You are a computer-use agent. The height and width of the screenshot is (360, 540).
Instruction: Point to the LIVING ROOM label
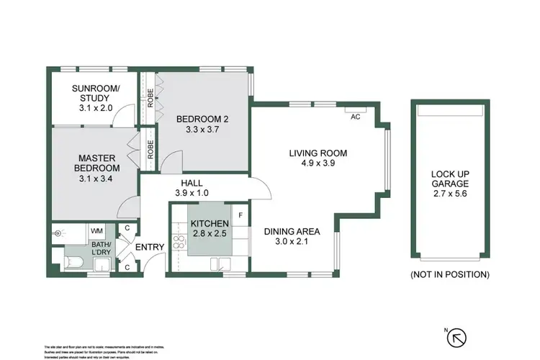[318, 153]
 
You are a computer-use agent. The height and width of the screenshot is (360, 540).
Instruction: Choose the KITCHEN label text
[210, 224]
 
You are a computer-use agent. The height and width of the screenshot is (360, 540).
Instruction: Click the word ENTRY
[150, 248]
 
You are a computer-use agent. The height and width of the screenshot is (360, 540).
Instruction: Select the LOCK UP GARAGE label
[450, 179]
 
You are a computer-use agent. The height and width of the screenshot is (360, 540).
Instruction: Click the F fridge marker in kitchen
[240, 214]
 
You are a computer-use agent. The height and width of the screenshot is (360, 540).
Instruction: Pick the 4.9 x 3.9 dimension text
[318, 163]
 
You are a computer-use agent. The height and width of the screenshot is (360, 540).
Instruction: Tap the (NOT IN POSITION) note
[450, 274]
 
